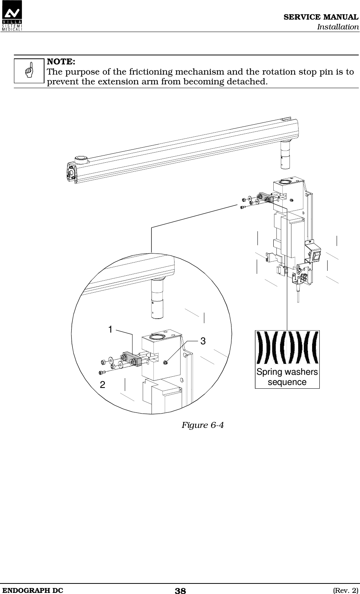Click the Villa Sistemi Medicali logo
click(x=11, y=16)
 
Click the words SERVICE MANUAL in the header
click(x=321, y=17)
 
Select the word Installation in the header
click(x=337, y=27)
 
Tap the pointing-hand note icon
click(x=29, y=71)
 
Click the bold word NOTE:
click(x=60, y=61)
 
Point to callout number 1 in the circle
click(x=110, y=330)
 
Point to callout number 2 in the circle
click(x=102, y=385)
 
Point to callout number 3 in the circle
click(x=203, y=341)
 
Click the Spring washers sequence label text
click(x=287, y=377)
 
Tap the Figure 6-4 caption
click(x=203, y=425)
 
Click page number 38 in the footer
click(x=180, y=591)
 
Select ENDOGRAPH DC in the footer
click(x=32, y=590)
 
